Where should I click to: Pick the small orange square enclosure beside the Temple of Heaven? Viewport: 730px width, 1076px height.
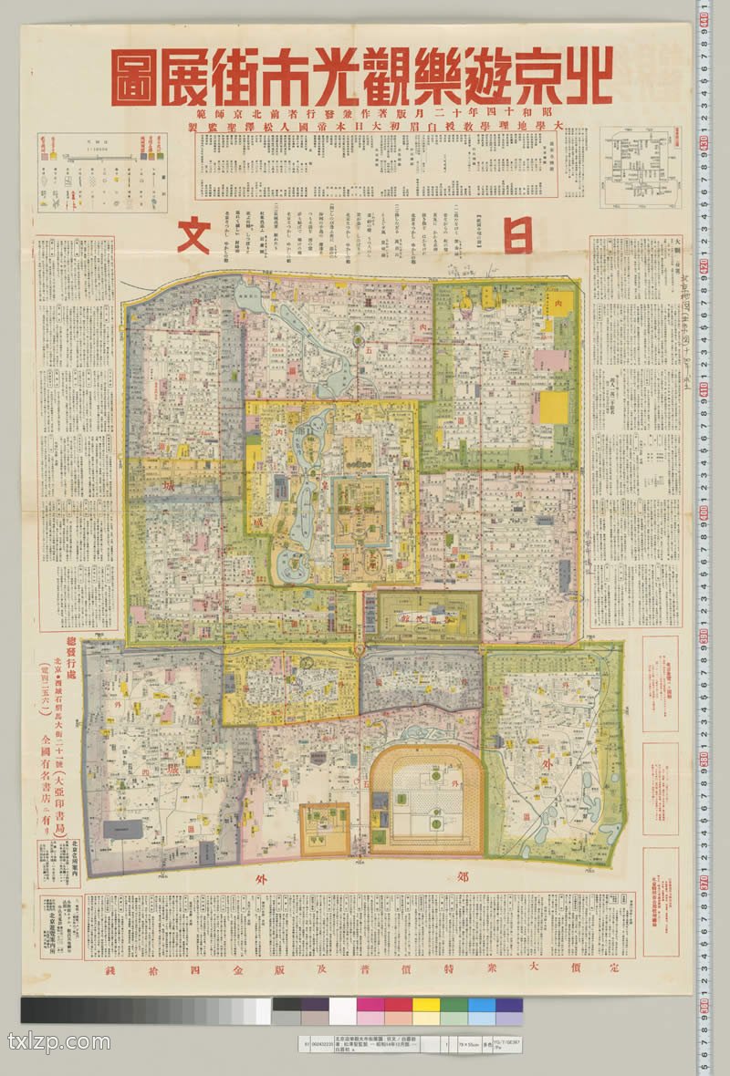[x=325, y=828]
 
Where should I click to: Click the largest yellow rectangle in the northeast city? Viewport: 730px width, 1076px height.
[x=553, y=408]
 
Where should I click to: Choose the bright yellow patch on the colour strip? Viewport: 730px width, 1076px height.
[x=425, y=1010]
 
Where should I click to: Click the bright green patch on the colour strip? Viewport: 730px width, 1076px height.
[x=454, y=1010]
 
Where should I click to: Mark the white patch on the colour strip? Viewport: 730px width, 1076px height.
[x=342, y=1010]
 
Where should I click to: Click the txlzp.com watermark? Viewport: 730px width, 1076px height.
[x=59, y=1041]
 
